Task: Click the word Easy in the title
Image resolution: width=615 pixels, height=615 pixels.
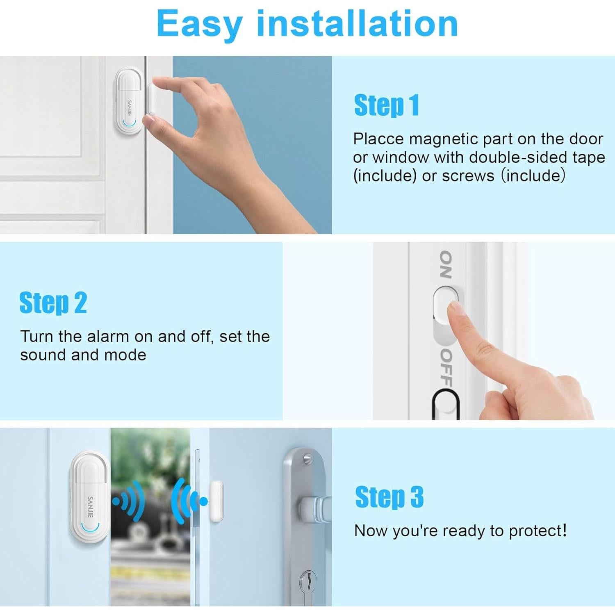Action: pos(199,25)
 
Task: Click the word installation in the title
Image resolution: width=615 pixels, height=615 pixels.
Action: pos(357,24)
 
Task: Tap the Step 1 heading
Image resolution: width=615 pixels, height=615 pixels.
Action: pos(386,105)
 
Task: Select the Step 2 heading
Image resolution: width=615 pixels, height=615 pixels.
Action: pos(53,303)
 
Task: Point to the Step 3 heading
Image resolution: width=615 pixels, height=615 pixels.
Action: pos(389,497)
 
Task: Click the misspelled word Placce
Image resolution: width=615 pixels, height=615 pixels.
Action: pos(378,139)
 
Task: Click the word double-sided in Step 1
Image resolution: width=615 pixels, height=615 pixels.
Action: pos(518,157)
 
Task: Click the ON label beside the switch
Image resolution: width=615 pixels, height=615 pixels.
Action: pos(446,264)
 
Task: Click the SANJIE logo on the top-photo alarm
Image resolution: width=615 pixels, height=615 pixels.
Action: pos(130,107)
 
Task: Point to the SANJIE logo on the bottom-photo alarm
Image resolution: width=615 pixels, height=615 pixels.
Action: pos(91,506)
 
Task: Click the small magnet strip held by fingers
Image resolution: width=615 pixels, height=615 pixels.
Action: pos(151,99)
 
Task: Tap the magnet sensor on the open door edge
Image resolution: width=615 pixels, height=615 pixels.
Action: pos(216,501)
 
